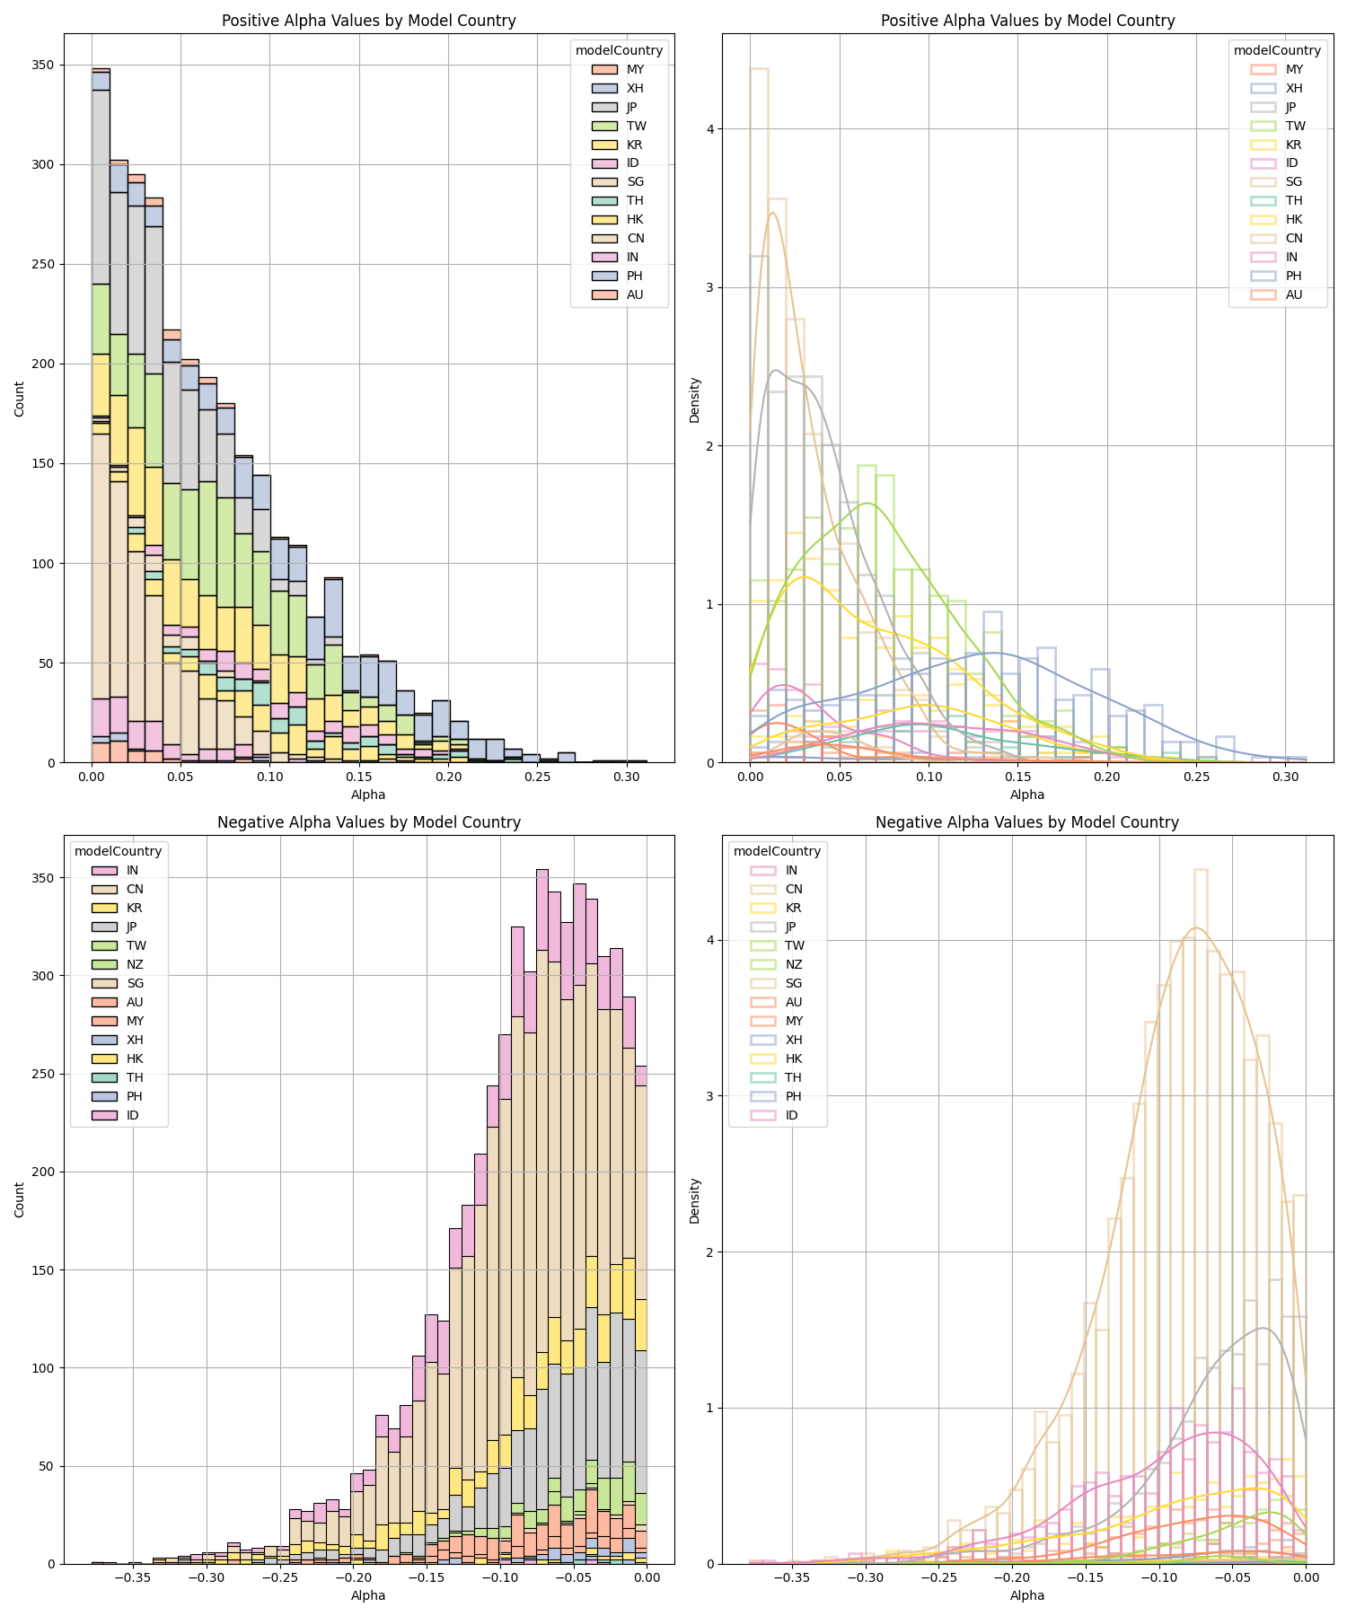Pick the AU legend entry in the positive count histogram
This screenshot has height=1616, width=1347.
[x=617, y=294]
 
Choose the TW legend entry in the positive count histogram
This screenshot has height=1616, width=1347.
[x=619, y=126]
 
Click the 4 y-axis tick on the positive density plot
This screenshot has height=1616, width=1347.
[x=709, y=129]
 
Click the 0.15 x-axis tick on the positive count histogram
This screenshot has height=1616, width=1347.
[x=360, y=776]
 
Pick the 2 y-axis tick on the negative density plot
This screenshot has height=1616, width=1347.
[x=709, y=1252]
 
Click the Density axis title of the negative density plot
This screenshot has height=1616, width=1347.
[x=694, y=1200]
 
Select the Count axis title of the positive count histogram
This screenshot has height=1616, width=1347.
[x=20, y=399]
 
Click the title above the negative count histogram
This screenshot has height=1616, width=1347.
[x=369, y=822]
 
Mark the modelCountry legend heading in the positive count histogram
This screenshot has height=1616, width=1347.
[x=619, y=50]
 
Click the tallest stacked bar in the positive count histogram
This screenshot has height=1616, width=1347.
[x=101, y=415]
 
